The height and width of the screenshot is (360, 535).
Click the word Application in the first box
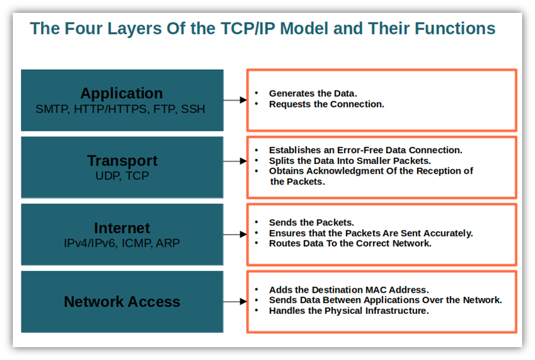122,94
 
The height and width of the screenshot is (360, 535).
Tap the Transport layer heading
122,160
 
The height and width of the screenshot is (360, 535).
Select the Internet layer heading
122,228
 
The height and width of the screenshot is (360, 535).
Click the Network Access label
122,302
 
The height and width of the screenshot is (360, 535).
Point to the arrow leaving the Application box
235,100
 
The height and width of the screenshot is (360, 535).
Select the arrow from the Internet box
235,234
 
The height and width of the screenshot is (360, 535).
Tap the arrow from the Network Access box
235,301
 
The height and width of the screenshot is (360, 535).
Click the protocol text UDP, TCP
122,176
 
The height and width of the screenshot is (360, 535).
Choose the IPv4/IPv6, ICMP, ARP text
122,243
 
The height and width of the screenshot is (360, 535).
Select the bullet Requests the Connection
326,104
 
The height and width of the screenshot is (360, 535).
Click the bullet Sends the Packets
311,222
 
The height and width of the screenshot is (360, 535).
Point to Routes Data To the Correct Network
350,243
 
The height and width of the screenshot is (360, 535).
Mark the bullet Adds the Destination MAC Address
349,290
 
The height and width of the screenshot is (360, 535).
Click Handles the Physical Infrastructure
349,311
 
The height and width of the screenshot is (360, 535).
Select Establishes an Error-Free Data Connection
365,150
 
